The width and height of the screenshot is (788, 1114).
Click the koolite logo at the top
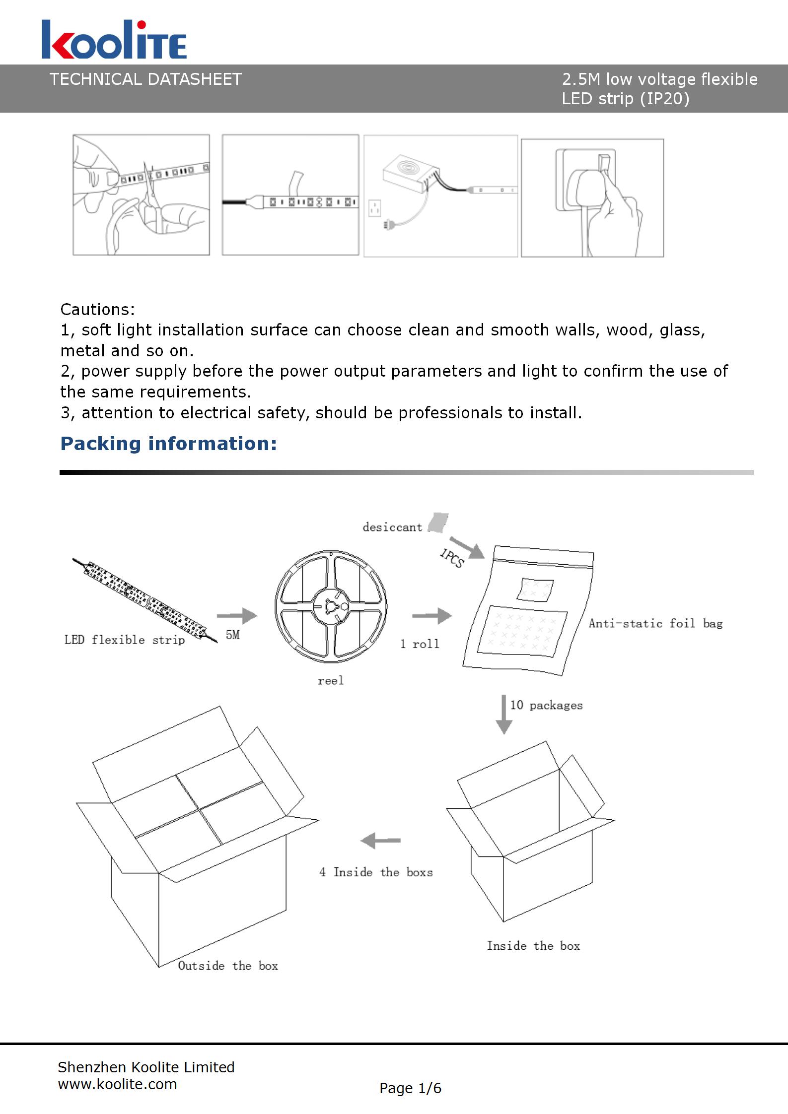coord(114,40)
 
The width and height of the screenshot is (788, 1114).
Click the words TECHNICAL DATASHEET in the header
coord(145,79)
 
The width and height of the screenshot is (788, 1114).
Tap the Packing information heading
coord(168,443)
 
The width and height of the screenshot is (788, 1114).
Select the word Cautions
coord(97,309)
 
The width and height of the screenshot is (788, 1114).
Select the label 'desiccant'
coord(392,527)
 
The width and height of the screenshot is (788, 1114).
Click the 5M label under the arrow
coord(233,635)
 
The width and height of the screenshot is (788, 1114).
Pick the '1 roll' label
coord(420,644)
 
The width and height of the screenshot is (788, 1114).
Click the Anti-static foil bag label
coord(655,623)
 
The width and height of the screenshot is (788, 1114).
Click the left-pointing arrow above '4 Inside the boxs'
coord(380,840)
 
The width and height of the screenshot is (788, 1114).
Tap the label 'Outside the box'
coord(228,965)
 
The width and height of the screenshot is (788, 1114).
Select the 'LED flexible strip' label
coord(125,640)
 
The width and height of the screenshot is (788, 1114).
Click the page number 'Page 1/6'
coord(410,1088)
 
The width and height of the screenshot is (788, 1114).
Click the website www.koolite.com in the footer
coord(118,1084)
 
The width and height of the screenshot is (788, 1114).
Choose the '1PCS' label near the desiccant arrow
coord(451,558)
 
